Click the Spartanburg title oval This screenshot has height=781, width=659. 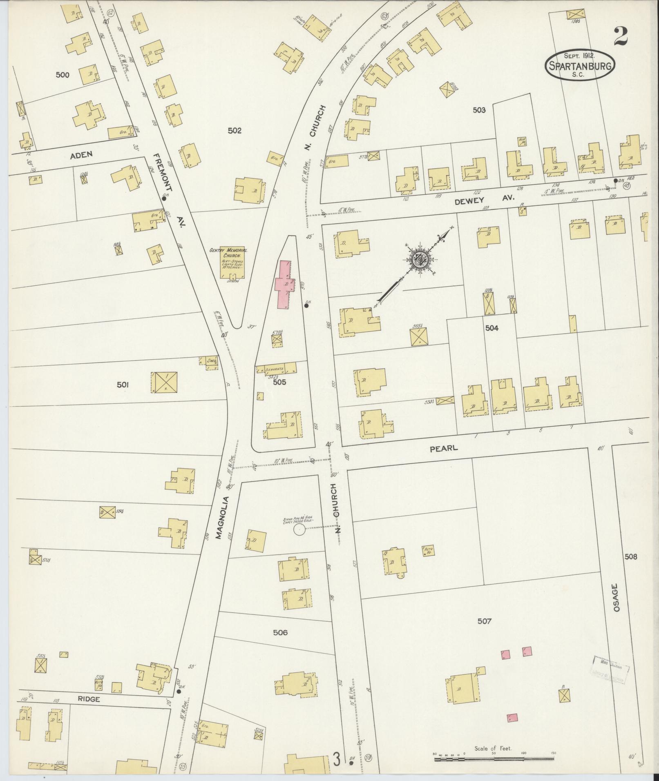pyautogui.click(x=580, y=65)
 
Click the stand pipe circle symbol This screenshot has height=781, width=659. pyautogui.click(x=299, y=530)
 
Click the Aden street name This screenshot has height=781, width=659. pyautogui.click(x=81, y=154)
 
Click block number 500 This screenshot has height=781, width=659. pyautogui.click(x=63, y=75)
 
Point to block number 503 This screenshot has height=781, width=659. pyautogui.click(x=479, y=110)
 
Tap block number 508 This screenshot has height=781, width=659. pyautogui.click(x=630, y=557)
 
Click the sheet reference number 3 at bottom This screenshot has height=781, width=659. pyautogui.click(x=337, y=761)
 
